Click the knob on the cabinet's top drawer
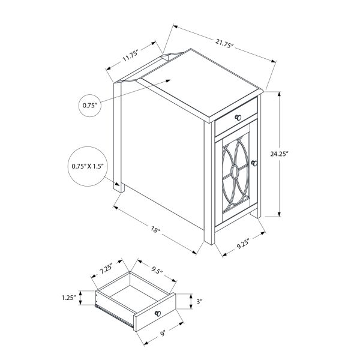click(238, 117)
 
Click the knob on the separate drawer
click(157, 314)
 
